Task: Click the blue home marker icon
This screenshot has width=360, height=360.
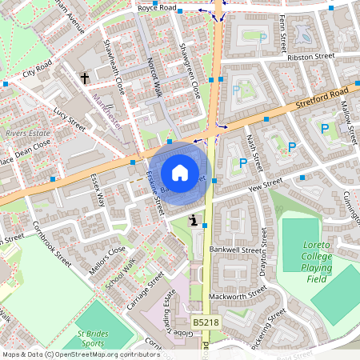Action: (180, 173)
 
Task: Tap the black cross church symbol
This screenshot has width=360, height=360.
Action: (85, 78)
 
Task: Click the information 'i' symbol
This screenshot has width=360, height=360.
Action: (193, 220)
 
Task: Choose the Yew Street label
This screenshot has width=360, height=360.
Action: (246, 189)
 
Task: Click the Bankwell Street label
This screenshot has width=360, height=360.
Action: (234, 250)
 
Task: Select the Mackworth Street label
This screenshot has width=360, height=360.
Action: (238, 294)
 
